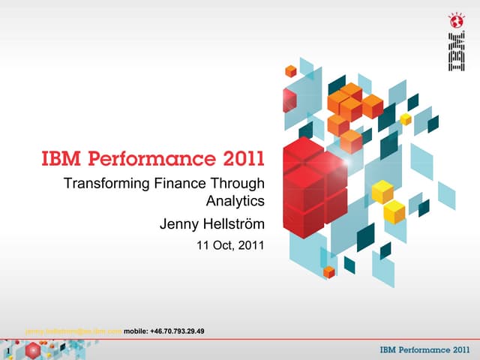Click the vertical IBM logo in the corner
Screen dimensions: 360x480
pos(455,52)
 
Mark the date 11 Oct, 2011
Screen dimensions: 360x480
pos(229,244)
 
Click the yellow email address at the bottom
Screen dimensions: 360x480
pos(73,331)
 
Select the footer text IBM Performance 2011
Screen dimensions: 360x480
pos(425,350)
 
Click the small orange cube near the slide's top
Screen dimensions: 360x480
pos(290,70)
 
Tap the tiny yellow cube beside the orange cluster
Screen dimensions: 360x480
pos(406,118)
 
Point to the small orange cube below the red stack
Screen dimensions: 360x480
pos(328,271)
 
